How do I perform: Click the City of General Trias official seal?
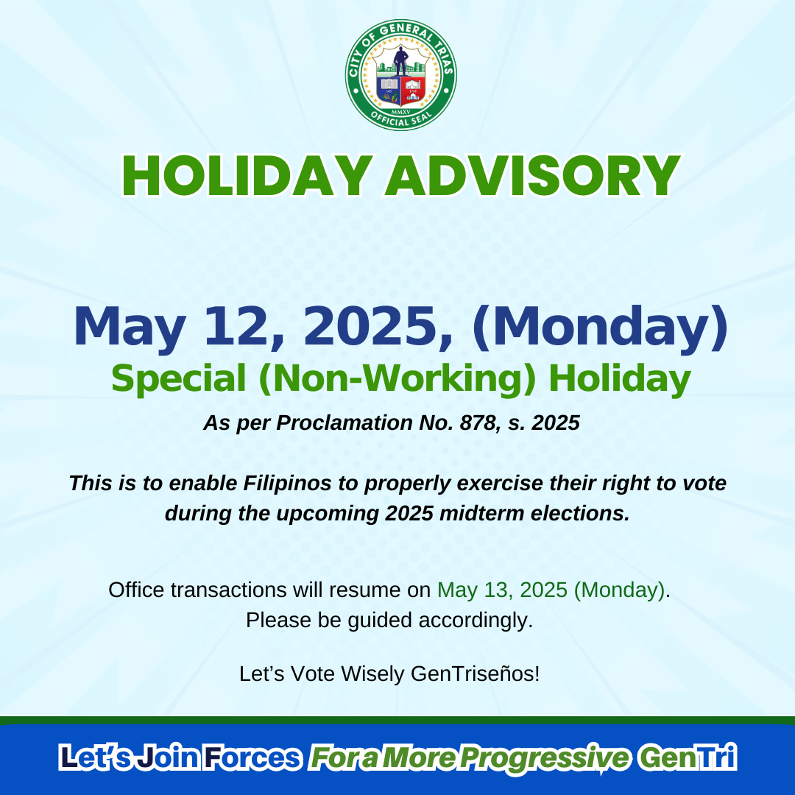pos(400,75)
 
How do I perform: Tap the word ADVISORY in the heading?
pos(532,176)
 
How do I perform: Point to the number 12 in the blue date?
pos(236,325)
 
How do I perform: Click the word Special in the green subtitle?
pos(178,380)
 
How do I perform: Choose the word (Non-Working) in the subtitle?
pos(397,380)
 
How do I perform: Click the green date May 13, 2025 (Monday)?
pos(551,590)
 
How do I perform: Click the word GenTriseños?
pos(475,674)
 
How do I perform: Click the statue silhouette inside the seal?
pos(400,61)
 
